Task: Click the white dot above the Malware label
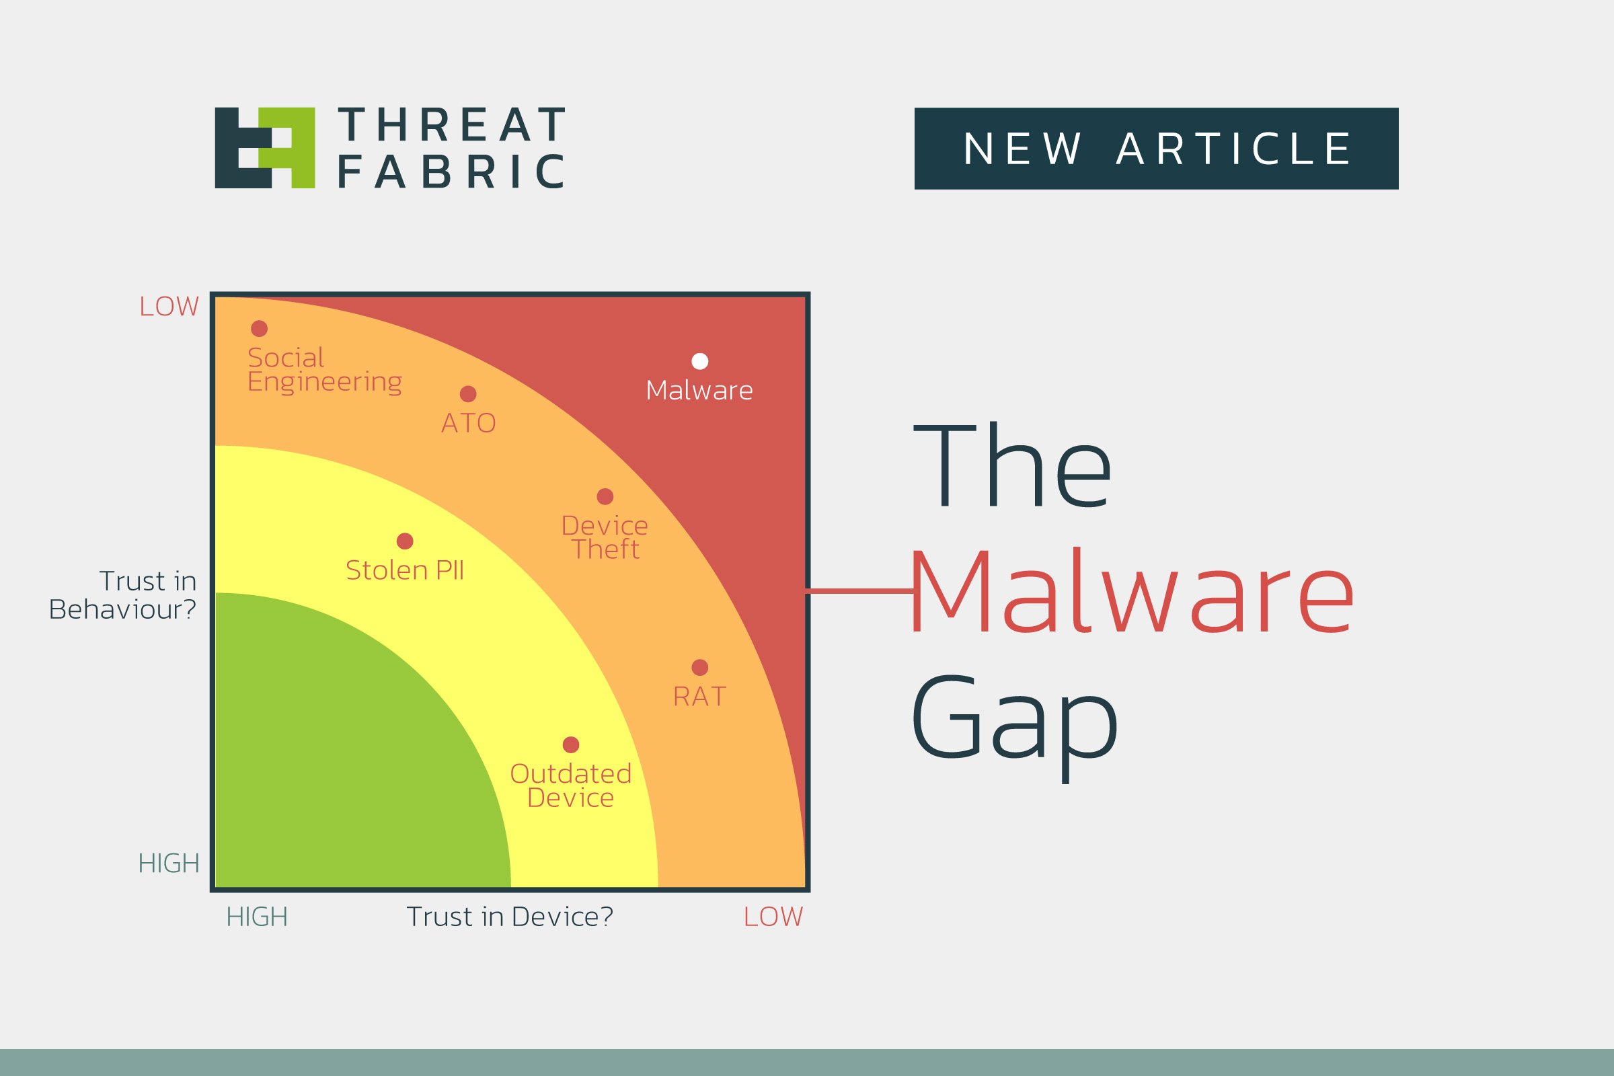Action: (x=699, y=361)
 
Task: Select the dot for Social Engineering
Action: (x=259, y=329)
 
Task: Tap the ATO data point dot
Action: (x=468, y=394)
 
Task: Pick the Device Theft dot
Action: (x=605, y=496)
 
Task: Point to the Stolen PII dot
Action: (x=405, y=541)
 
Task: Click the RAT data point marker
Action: (x=699, y=667)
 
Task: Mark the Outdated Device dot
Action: (x=570, y=744)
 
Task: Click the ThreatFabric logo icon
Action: (x=265, y=147)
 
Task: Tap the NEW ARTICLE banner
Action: (x=1156, y=148)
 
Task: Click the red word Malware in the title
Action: (x=1132, y=590)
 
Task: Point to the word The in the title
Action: (x=1011, y=467)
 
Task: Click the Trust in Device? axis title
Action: (x=509, y=916)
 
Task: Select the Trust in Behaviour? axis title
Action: (x=123, y=595)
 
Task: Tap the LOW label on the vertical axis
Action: (x=169, y=307)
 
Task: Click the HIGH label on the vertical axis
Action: (x=169, y=863)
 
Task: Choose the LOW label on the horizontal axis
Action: (x=773, y=917)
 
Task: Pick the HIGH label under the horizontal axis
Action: (x=257, y=917)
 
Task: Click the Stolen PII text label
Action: (x=405, y=570)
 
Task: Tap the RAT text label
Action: (x=699, y=697)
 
